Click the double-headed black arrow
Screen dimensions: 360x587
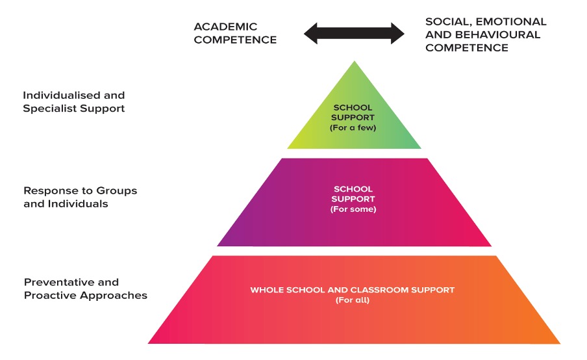[354, 33]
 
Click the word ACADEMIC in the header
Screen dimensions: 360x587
[225, 27]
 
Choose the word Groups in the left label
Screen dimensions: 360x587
[115, 190]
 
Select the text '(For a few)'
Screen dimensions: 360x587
[354, 127]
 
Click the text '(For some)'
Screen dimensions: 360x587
[354, 209]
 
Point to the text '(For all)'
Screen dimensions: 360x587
[353, 300]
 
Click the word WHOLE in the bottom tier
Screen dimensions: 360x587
[266, 290]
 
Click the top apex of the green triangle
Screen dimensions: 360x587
[354, 62]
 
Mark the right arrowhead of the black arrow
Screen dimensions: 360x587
[397, 33]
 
